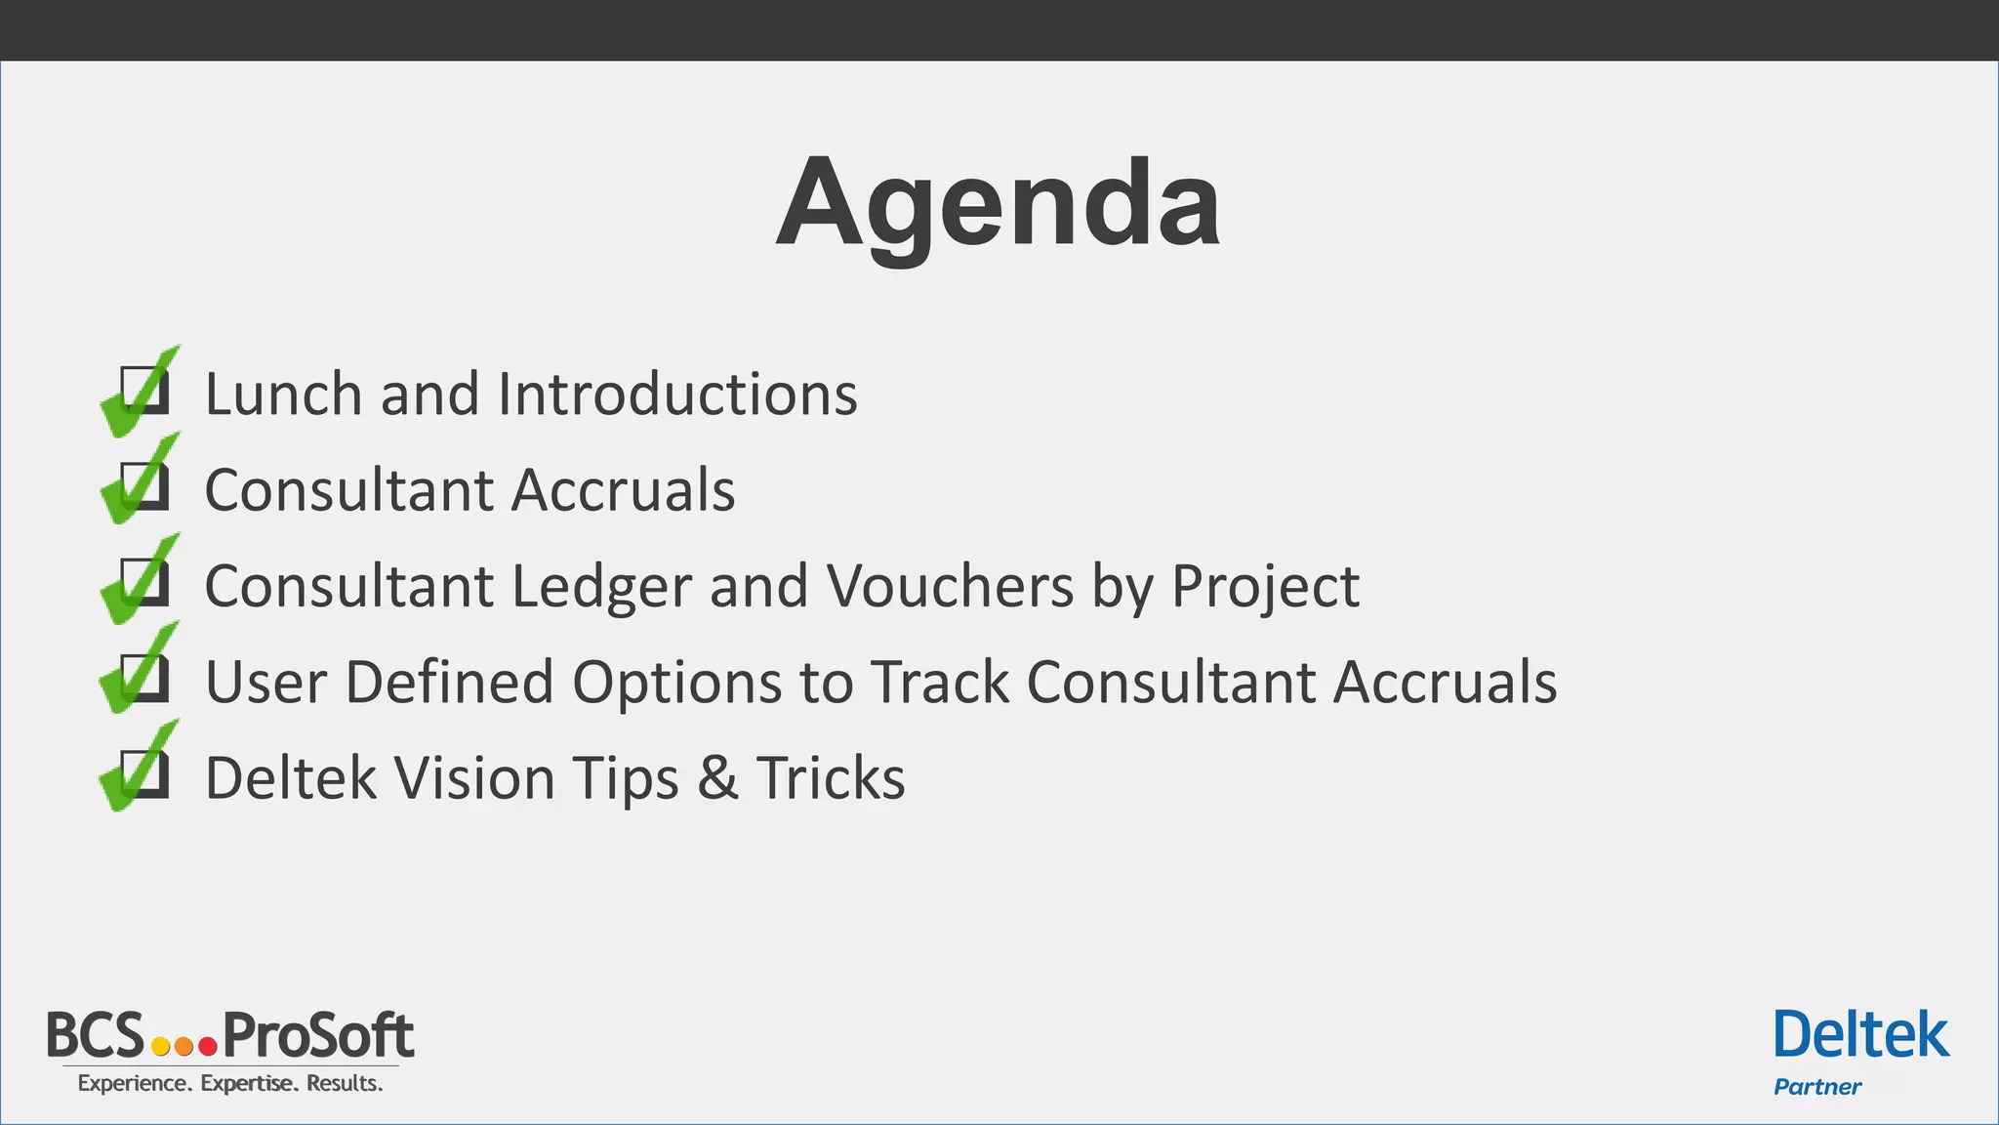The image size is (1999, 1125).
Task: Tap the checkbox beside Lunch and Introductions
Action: (x=144, y=391)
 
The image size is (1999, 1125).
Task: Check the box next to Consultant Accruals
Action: (x=144, y=486)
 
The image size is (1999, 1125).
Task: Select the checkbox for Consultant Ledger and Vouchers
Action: (x=144, y=582)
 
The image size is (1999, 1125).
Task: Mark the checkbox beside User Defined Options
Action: (x=144, y=678)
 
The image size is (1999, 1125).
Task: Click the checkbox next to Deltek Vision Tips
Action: (x=144, y=773)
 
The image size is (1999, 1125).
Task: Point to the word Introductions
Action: (x=677, y=394)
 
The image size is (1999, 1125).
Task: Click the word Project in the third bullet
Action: (x=1264, y=587)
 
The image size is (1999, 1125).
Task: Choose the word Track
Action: (x=939, y=682)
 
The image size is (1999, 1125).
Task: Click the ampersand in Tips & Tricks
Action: (x=717, y=778)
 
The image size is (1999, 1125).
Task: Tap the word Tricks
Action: (x=831, y=778)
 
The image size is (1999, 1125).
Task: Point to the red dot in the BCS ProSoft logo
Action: (x=208, y=1047)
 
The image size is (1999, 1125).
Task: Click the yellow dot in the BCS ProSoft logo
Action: (x=161, y=1047)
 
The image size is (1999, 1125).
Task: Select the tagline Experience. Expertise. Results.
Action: (x=230, y=1083)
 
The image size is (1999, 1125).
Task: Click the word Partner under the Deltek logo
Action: (x=1817, y=1087)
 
